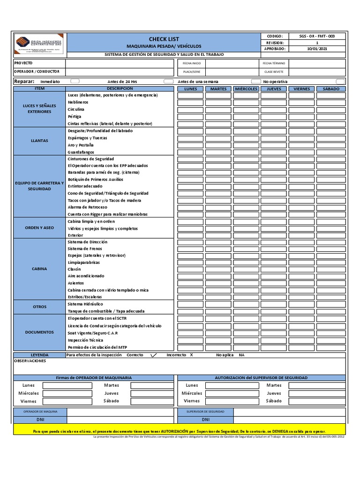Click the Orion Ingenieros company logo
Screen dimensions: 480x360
[40, 45]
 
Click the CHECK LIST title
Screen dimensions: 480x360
[164, 39]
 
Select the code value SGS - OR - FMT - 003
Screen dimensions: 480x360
[317, 36]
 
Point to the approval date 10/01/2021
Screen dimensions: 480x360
[317, 49]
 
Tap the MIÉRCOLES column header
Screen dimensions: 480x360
[246, 89]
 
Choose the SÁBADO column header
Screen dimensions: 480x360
[331, 89]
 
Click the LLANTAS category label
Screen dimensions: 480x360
[40, 141]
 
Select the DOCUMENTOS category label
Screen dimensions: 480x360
[40, 332]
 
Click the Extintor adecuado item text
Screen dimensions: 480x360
[85, 186]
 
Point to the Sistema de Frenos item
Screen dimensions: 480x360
[85, 248]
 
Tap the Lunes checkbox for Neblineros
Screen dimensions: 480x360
[190, 102]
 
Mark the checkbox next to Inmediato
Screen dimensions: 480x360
[75, 81]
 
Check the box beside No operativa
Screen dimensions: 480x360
[340, 81]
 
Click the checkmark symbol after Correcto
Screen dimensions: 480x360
[153, 355]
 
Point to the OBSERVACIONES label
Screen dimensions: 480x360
[30, 361]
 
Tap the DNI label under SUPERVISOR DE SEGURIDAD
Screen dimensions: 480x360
[205, 420]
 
